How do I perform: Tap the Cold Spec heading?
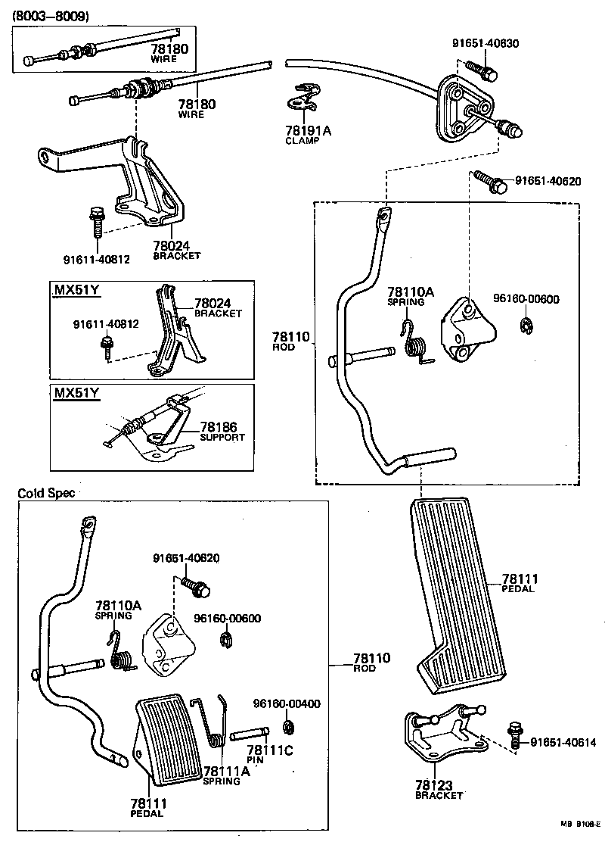47,492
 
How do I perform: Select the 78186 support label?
222,432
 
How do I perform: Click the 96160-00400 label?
286,703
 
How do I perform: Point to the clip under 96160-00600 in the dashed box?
526,326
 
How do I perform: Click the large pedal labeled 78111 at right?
454,591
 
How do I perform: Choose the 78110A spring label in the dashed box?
411,296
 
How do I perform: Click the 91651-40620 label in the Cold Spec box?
186,558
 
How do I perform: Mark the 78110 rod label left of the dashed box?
291,341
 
